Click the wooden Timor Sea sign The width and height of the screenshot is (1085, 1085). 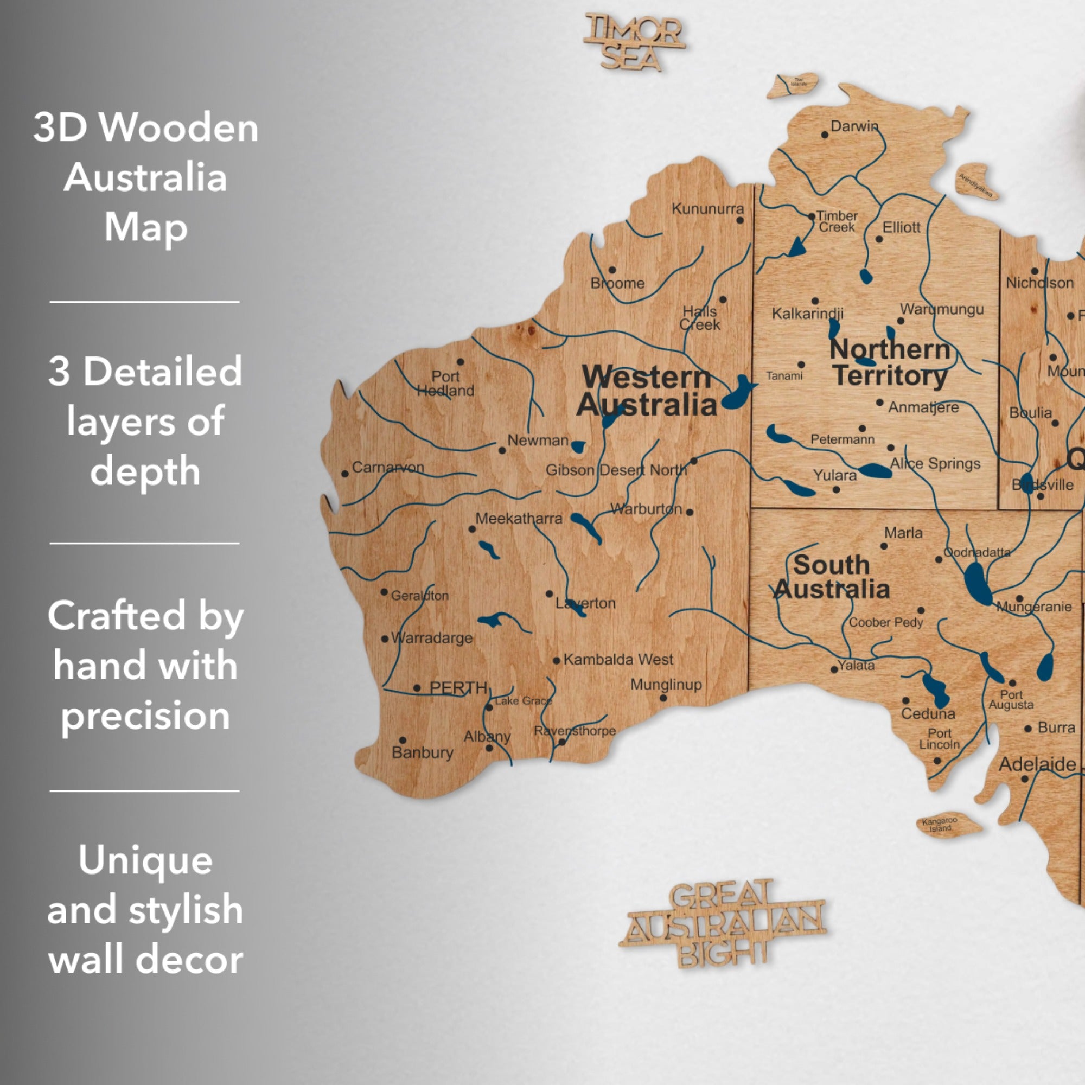pyautogui.click(x=634, y=43)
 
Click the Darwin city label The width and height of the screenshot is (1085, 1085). pyautogui.click(x=853, y=126)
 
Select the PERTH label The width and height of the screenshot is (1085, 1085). pyautogui.click(x=458, y=688)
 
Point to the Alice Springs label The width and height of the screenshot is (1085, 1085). pyautogui.click(x=935, y=464)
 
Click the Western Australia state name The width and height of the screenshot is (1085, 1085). pyautogui.click(x=647, y=391)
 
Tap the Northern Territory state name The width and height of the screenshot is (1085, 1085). pyautogui.click(x=890, y=363)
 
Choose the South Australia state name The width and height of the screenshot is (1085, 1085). pyautogui.click(x=831, y=577)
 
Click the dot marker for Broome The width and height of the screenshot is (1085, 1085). pyautogui.click(x=612, y=270)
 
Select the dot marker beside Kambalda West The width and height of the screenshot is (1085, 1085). pyautogui.click(x=556, y=660)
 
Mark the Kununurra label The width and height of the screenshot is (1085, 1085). pyautogui.click(x=707, y=209)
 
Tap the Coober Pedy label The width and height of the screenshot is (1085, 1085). pyautogui.click(x=886, y=622)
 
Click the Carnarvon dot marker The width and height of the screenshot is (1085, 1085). pyautogui.click(x=345, y=474)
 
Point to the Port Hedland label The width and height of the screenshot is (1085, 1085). pyautogui.click(x=445, y=384)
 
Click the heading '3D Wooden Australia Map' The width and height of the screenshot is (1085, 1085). pyautogui.click(x=145, y=177)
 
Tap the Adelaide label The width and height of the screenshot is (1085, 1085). pyautogui.click(x=1037, y=764)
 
